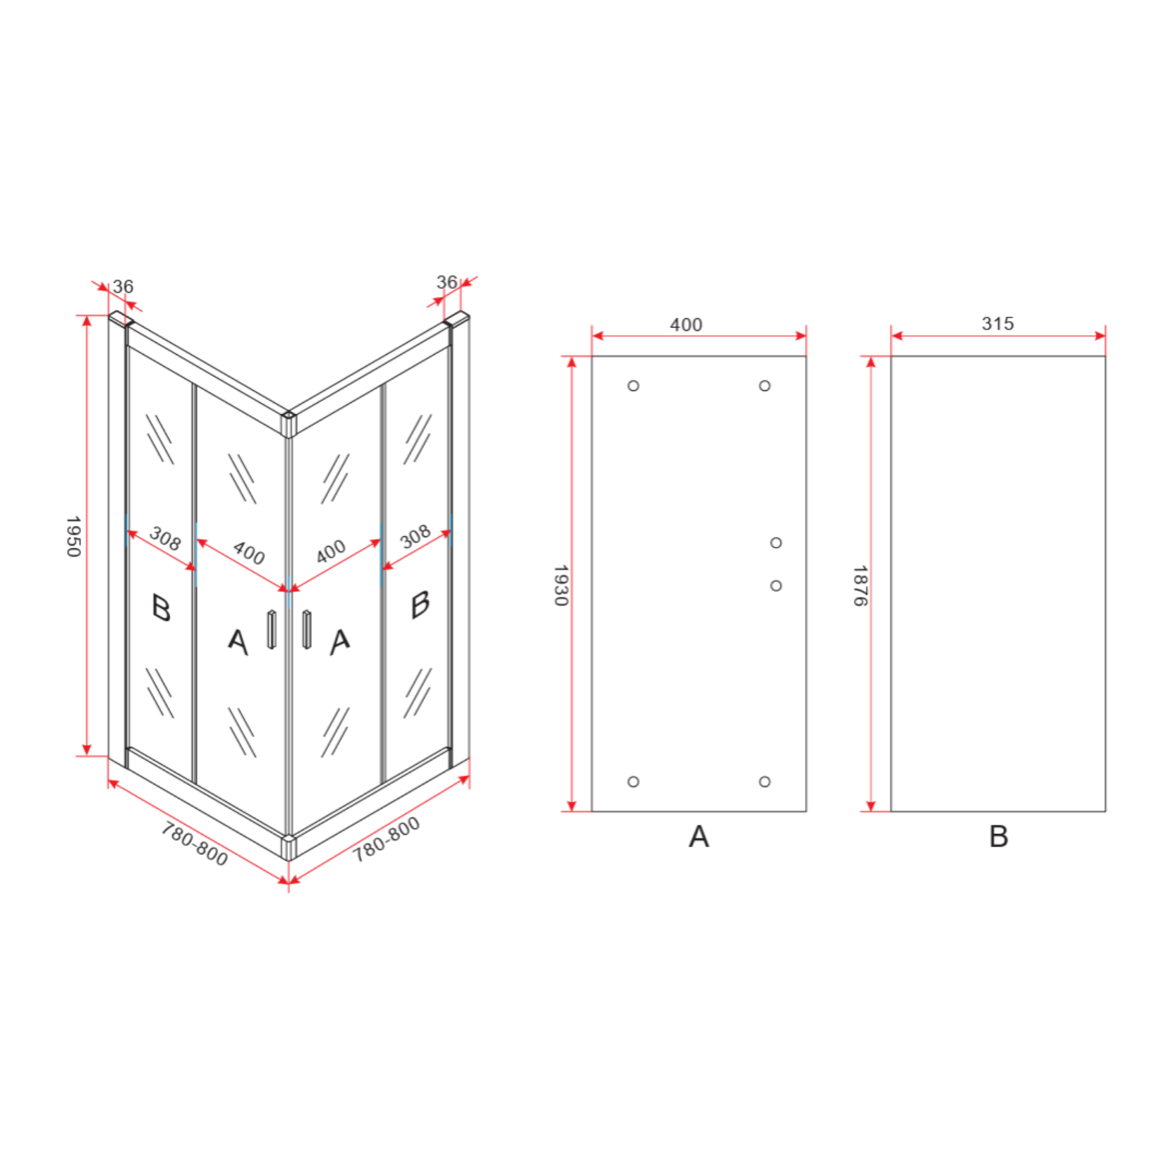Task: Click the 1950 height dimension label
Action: coord(73,536)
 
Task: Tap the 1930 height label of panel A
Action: coord(560,585)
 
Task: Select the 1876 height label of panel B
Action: coord(859,585)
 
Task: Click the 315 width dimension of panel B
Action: coord(997,324)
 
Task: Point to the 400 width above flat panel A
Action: coord(686,325)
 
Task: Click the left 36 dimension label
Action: coord(123,286)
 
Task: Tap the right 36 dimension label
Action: coord(447,282)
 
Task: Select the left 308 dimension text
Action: coord(165,539)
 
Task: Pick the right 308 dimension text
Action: coord(415,537)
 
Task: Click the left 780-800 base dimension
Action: coord(195,844)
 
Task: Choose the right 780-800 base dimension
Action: coord(386,840)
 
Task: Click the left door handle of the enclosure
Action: coord(272,629)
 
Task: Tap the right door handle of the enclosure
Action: coord(306,629)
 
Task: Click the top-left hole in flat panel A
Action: coord(634,386)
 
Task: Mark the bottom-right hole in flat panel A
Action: coord(765,782)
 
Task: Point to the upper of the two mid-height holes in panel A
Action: coord(776,543)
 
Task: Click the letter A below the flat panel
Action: coord(698,837)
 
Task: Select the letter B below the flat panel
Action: coord(998,837)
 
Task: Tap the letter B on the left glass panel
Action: coord(162,607)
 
